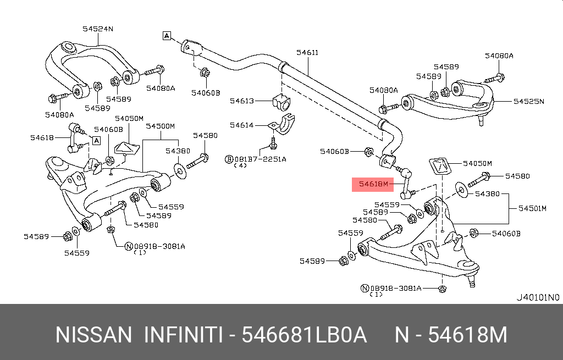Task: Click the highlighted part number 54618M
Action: (x=373, y=184)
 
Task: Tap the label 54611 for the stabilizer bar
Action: (x=307, y=52)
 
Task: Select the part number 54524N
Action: (x=98, y=29)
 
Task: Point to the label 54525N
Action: (x=528, y=101)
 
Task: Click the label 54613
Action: (x=242, y=101)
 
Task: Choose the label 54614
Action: (x=242, y=125)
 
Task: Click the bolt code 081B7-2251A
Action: (x=260, y=159)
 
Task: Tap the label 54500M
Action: (x=160, y=126)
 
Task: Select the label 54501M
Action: (x=532, y=208)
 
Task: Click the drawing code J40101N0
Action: (x=538, y=297)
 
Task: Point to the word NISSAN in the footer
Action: (x=93, y=335)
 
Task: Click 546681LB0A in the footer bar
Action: (x=304, y=335)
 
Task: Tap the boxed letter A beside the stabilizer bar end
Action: (x=167, y=36)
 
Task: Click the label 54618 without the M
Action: (x=42, y=137)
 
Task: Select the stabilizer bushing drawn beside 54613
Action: (x=281, y=102)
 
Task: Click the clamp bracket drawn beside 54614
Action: (x=282, y=124)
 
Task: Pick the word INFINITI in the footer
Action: (x=183, y=335)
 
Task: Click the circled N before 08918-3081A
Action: (x=129, y=246)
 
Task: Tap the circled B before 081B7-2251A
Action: (x=229, y=159)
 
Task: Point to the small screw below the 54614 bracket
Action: (x=273, y=142)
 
